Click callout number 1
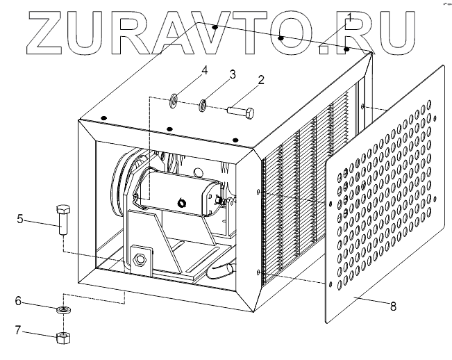point(349,15)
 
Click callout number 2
point(260,79)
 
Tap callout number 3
point(233,73)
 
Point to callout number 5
point(20,220)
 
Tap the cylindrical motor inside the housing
point(181,193)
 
